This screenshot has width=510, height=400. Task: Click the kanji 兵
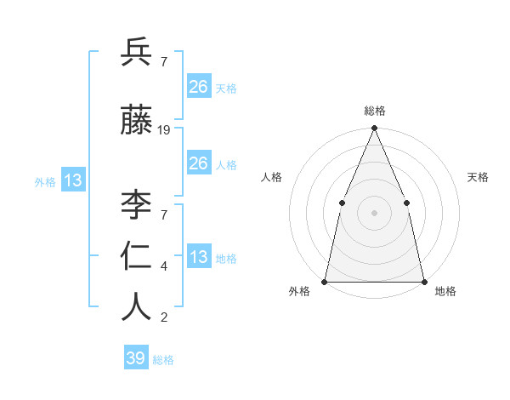pyautogui.click(x=136, y=53)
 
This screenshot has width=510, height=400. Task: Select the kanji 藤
pyautogui.click(x=136, y=123)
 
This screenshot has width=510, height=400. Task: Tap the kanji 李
pyautogui.click(x=136, y=205)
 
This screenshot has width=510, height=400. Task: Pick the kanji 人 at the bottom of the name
pyautogui.click(x=136, y=306)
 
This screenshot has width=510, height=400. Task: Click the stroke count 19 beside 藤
pyautogui.click(x=164, y=130)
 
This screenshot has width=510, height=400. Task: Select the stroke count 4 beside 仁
pyautogui.click(x=164, y=266)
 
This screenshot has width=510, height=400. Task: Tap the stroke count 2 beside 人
pyautogui.click(x=164, y=318)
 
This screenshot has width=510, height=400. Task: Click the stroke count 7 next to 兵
pyautogui.click(x=164, y=61)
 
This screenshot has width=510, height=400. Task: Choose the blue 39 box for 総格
pyautogui.click(x=136, y=358)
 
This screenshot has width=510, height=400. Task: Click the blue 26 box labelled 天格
pyautogui.click(x=198, y=87)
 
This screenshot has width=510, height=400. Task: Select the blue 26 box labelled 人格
pyautogui.click(x=198, y=163)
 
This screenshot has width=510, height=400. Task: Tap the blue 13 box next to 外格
pyautogui.click(x=73, y=180)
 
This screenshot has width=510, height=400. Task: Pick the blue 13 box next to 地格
pyautogui.click(x=198, y=258)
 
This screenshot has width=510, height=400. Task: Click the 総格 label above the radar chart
pyautogui.click(x=375, y=111)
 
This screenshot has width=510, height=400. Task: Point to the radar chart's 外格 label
pyautogui.click(x=299, y=292)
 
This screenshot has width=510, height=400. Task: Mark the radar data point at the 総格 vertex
pyautogui.click(x=374, y=129)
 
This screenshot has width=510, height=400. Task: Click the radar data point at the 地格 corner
pyautogui.click(x=423, y=281)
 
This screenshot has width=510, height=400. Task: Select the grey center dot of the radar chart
pyautogui.click(x=374, y=213)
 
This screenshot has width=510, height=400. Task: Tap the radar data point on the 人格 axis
pyautogui.click(x=342, y=203)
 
